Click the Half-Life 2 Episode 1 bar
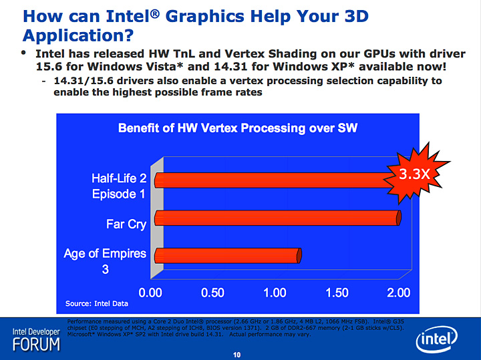[x=274, y=180]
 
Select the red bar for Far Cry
[x=277, y=217]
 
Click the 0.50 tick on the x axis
[x=212, y=293]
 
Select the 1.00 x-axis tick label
[x=275, y=293]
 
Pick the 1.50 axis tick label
[x=337, y=293]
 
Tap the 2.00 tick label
[x=399, y=293]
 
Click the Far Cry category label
[x=126, y=224]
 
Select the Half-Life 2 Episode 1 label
[x=119, y=186]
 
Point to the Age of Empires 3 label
[x=105, y=262]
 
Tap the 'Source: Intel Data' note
[x=97, y=304]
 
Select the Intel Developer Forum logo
[x=36, y=340]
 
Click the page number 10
[x=236, y=355]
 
